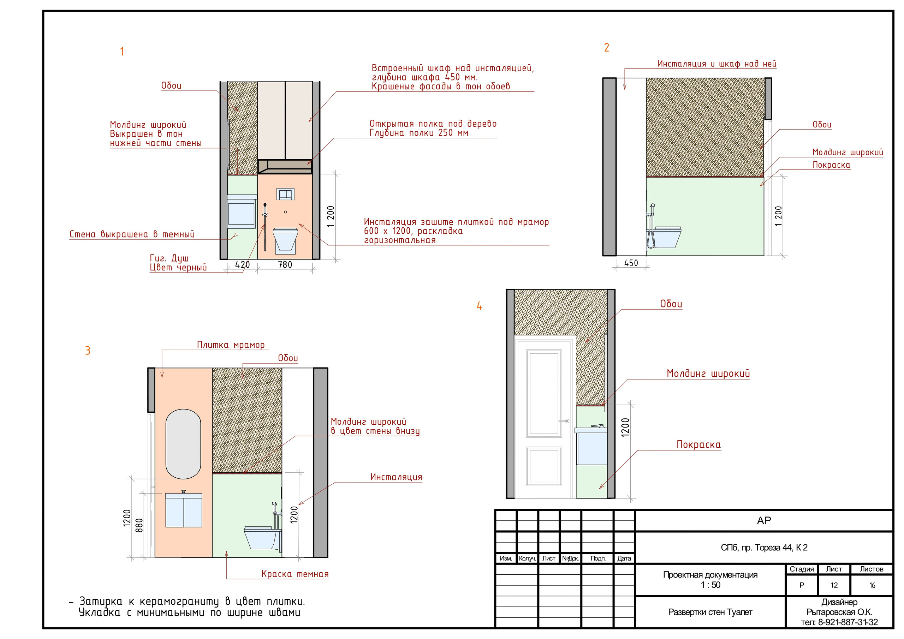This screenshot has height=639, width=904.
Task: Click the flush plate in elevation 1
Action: pos(285,194)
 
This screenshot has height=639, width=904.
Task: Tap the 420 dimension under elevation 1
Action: pos(243,264)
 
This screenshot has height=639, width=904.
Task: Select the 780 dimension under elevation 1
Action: pos(285,264)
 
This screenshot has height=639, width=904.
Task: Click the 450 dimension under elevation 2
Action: pos(631,263)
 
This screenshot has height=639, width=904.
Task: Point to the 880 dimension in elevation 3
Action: pos(139,525)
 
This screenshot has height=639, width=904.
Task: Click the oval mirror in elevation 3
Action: pos(183,444)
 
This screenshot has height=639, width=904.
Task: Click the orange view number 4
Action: pos(479,306)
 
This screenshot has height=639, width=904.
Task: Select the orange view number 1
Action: pos(122,52)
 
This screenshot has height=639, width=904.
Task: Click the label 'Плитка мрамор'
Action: pos(231,345)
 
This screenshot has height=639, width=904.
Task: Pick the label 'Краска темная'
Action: pos(295,574)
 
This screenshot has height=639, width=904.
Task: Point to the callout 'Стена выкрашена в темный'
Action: pos(132,234)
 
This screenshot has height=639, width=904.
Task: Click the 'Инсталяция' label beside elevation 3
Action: pos(396,477)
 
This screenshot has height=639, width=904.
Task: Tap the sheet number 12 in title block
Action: pos(834,585)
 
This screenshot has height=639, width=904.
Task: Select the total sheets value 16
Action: pos(872,585)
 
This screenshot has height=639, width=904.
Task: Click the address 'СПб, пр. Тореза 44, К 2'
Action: pos(764,548)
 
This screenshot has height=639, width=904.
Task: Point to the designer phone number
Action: pos(839,622)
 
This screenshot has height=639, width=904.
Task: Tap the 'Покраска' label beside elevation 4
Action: pos(698,445)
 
